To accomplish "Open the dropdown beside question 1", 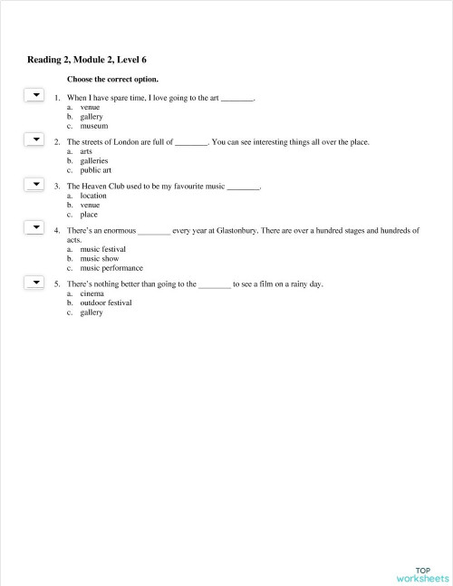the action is click(34, 94).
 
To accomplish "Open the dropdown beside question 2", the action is click(34, 139).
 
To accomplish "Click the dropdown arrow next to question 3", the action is click(34, 184).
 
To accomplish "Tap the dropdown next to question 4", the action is click(34, 228).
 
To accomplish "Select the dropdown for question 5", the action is click(34, 282).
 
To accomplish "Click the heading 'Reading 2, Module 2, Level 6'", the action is click(87, 60).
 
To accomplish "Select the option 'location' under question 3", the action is click(93, 196).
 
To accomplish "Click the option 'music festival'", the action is click(102, 249).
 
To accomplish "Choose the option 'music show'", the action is click(99, 259).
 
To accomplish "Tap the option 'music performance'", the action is click(111, 269).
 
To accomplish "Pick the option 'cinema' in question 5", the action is click(92, 293).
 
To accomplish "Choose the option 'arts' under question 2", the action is click(86, 151).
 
